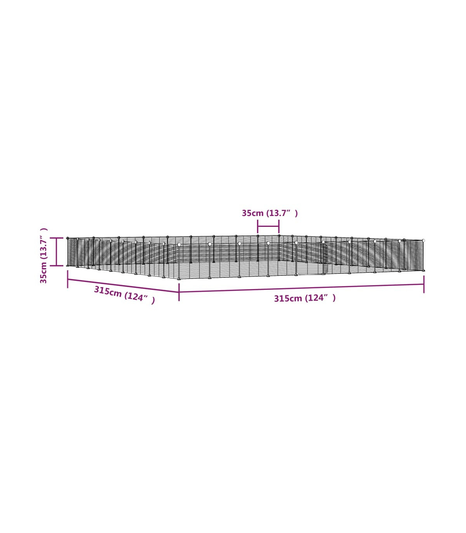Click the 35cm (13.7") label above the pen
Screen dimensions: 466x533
tap(270, 213)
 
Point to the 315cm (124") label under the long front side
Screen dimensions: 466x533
tap(304, 298)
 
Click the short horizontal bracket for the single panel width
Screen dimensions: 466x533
tap(268, 226)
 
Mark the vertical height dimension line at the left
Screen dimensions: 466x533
tap(56, 252)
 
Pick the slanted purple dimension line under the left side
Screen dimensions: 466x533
tap(123, 286)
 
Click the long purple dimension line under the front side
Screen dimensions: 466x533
tap(301, 288)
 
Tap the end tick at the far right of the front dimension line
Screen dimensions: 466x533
tap(424, 284)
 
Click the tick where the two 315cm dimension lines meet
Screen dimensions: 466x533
tap(179, 292)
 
